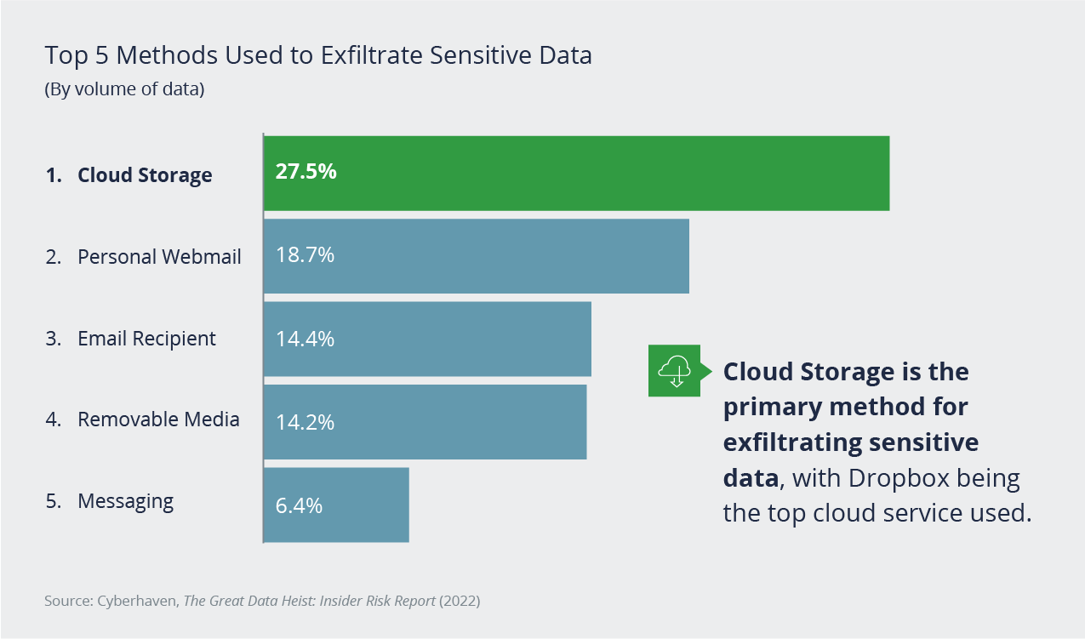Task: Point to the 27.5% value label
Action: [306, 172]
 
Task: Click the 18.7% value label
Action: [305, 255]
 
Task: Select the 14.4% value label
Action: [305, 339]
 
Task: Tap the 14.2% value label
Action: [305, 422]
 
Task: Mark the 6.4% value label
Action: [299, 505]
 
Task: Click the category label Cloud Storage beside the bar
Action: [145, 175]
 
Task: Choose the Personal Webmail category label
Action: [159, 256]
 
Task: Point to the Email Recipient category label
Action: [146, 339]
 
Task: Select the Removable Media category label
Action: [158, 419]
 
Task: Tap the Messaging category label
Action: [125, 501]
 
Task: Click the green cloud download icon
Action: [675, 370]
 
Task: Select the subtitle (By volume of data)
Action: [124, 88]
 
